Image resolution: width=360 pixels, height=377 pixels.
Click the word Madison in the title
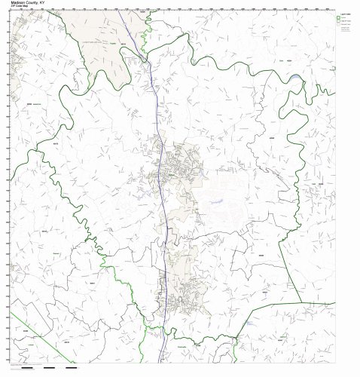(x=18, y=2)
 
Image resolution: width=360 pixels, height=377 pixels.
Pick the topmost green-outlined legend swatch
(x=340, y=20)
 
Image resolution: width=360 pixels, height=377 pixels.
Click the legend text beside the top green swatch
(x=348, y=20)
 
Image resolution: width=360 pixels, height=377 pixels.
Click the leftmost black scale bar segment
(x=29, y=369)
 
